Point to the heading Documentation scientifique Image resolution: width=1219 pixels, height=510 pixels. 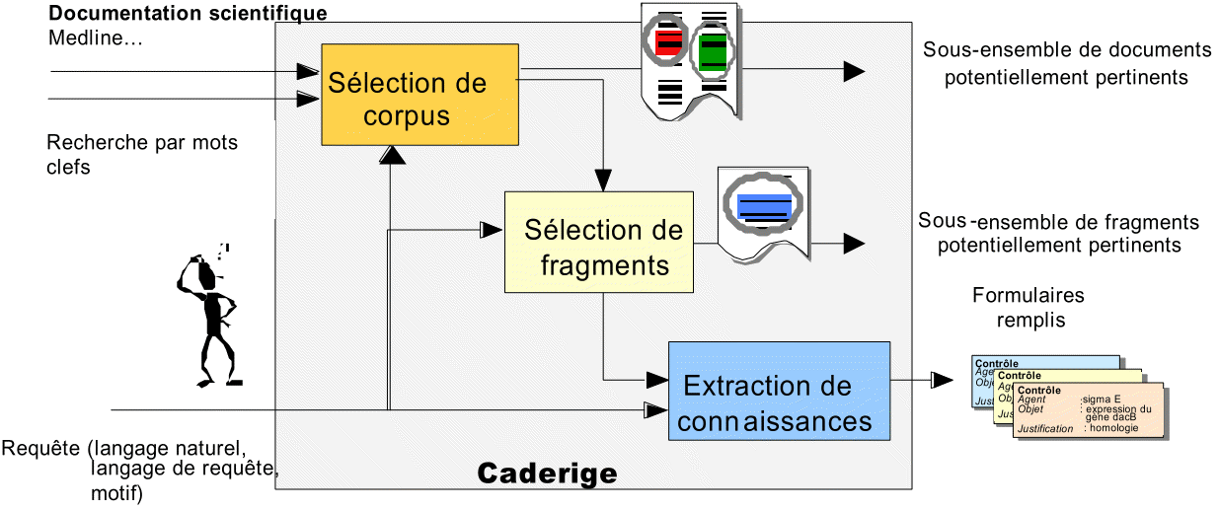click(188, 15)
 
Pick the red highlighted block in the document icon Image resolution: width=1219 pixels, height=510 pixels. click(668, 40)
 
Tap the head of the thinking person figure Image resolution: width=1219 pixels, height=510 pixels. click(200, 268)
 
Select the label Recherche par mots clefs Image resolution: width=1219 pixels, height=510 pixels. click(141, 155)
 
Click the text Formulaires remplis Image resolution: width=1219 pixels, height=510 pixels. click(1028, 308)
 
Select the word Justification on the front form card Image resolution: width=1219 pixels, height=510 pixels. click(1044, 429)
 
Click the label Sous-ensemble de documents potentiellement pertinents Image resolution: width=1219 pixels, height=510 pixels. click(1066, 63)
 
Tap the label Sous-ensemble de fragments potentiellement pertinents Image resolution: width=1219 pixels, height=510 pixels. click(1058, 233)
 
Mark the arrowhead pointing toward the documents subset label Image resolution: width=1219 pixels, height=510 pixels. click(853, 71)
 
